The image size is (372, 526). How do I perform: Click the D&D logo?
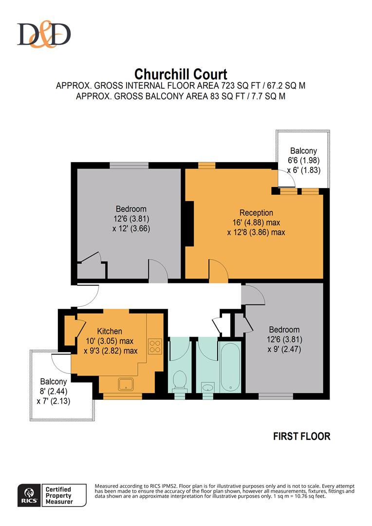(x=44, y=35)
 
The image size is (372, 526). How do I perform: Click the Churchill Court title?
(x=181, y=75)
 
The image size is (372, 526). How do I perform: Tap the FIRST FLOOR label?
(x=302, y=436)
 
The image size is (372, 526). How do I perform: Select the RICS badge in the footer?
(x=28, y=495)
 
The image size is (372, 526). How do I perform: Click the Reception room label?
(x=256, y=213)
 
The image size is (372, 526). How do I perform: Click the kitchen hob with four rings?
(x=155, y=346)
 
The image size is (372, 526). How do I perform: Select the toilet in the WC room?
(x=180, y=379)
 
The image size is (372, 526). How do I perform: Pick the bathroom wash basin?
(x=208, y=387)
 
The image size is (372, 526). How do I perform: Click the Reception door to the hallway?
(x=217, y=270)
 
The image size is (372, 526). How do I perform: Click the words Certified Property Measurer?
(x=58, y=495)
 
